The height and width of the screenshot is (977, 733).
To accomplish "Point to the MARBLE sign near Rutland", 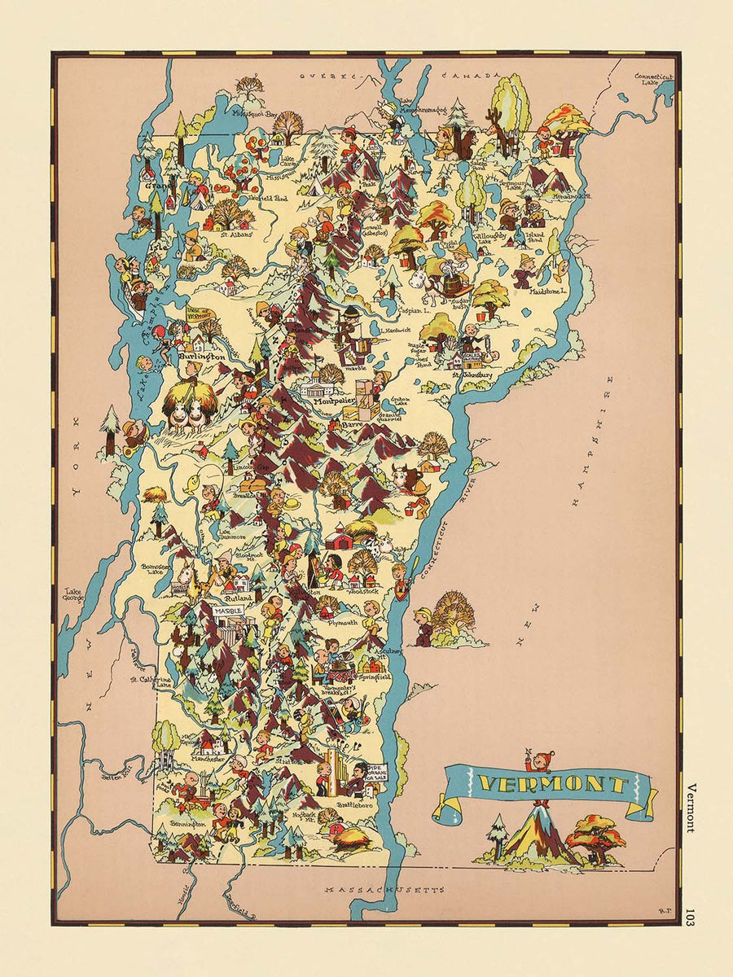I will (x=229, y=609).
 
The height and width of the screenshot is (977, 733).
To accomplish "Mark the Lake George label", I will (x=75, y=594).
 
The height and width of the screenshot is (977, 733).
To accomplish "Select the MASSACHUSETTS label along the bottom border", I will (x=384, y=891).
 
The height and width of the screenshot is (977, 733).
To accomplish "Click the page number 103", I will (x=691, y=916).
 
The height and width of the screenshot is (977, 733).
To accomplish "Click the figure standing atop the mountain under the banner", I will (x=534, y=762).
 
